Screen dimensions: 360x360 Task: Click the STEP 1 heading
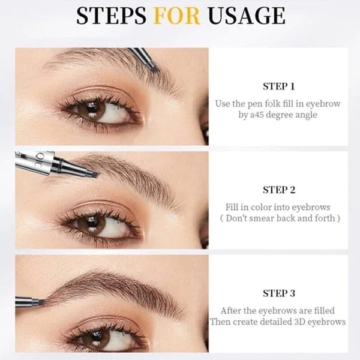279,86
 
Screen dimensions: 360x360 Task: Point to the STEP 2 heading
279,190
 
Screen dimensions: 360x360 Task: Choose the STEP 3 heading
279,293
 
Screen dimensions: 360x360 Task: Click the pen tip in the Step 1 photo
152,66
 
